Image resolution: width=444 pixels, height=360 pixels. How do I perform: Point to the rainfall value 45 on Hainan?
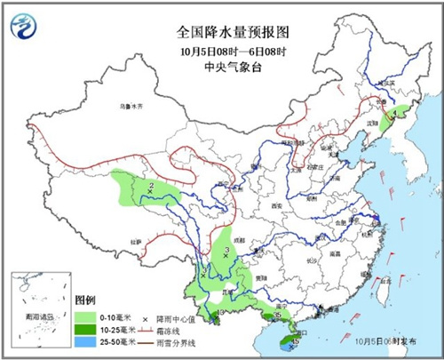[295, 339]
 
